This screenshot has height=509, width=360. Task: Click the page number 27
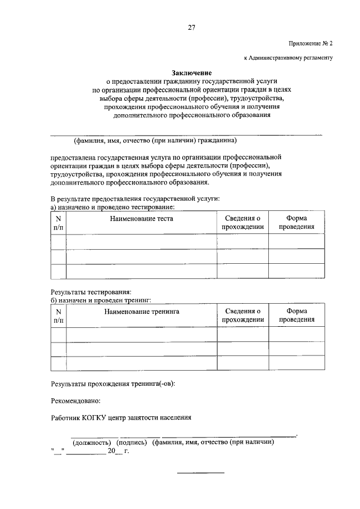(x=191, y=27)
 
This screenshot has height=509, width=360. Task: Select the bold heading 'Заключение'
(x=191, y=73)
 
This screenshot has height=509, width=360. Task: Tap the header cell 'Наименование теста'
(x=141, y=218)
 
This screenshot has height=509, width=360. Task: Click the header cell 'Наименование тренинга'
(x=141, y=311)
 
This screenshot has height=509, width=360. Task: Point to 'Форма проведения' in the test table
(x=296, y=223)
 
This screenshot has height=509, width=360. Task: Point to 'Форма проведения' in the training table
(x=296, y=316)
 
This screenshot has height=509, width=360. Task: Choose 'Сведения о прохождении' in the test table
(x=242, y=223)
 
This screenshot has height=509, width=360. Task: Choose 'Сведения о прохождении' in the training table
(x=242, y=316)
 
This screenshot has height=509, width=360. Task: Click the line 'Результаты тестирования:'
(x=91, y=292)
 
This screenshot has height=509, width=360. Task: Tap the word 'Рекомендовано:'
(x=75, y=401)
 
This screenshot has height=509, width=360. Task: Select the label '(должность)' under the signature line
(x=91, y=442)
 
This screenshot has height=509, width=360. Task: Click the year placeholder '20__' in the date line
(x=114, y=451)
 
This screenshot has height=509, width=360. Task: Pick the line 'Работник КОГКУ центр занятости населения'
(x=121, y=418)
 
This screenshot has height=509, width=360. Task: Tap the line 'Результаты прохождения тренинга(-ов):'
(x=112, y=384)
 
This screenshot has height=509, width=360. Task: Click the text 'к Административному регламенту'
(x=288, y=57)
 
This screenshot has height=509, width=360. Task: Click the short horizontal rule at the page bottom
(x=201, y=472)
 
